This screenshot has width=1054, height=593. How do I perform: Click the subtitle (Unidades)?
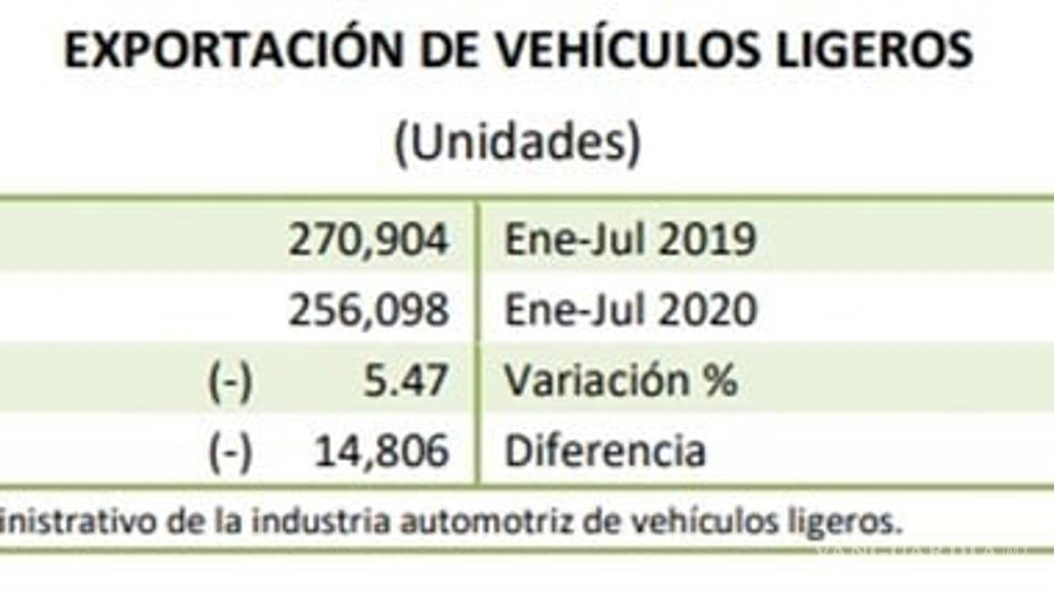click(517, 144)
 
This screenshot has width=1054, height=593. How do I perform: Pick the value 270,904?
click(369, 241)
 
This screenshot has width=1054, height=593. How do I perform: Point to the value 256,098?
click(369, 311)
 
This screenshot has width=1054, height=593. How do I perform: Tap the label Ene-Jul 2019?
click(630, 241)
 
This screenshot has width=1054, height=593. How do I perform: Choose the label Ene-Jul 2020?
click(630, 311)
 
